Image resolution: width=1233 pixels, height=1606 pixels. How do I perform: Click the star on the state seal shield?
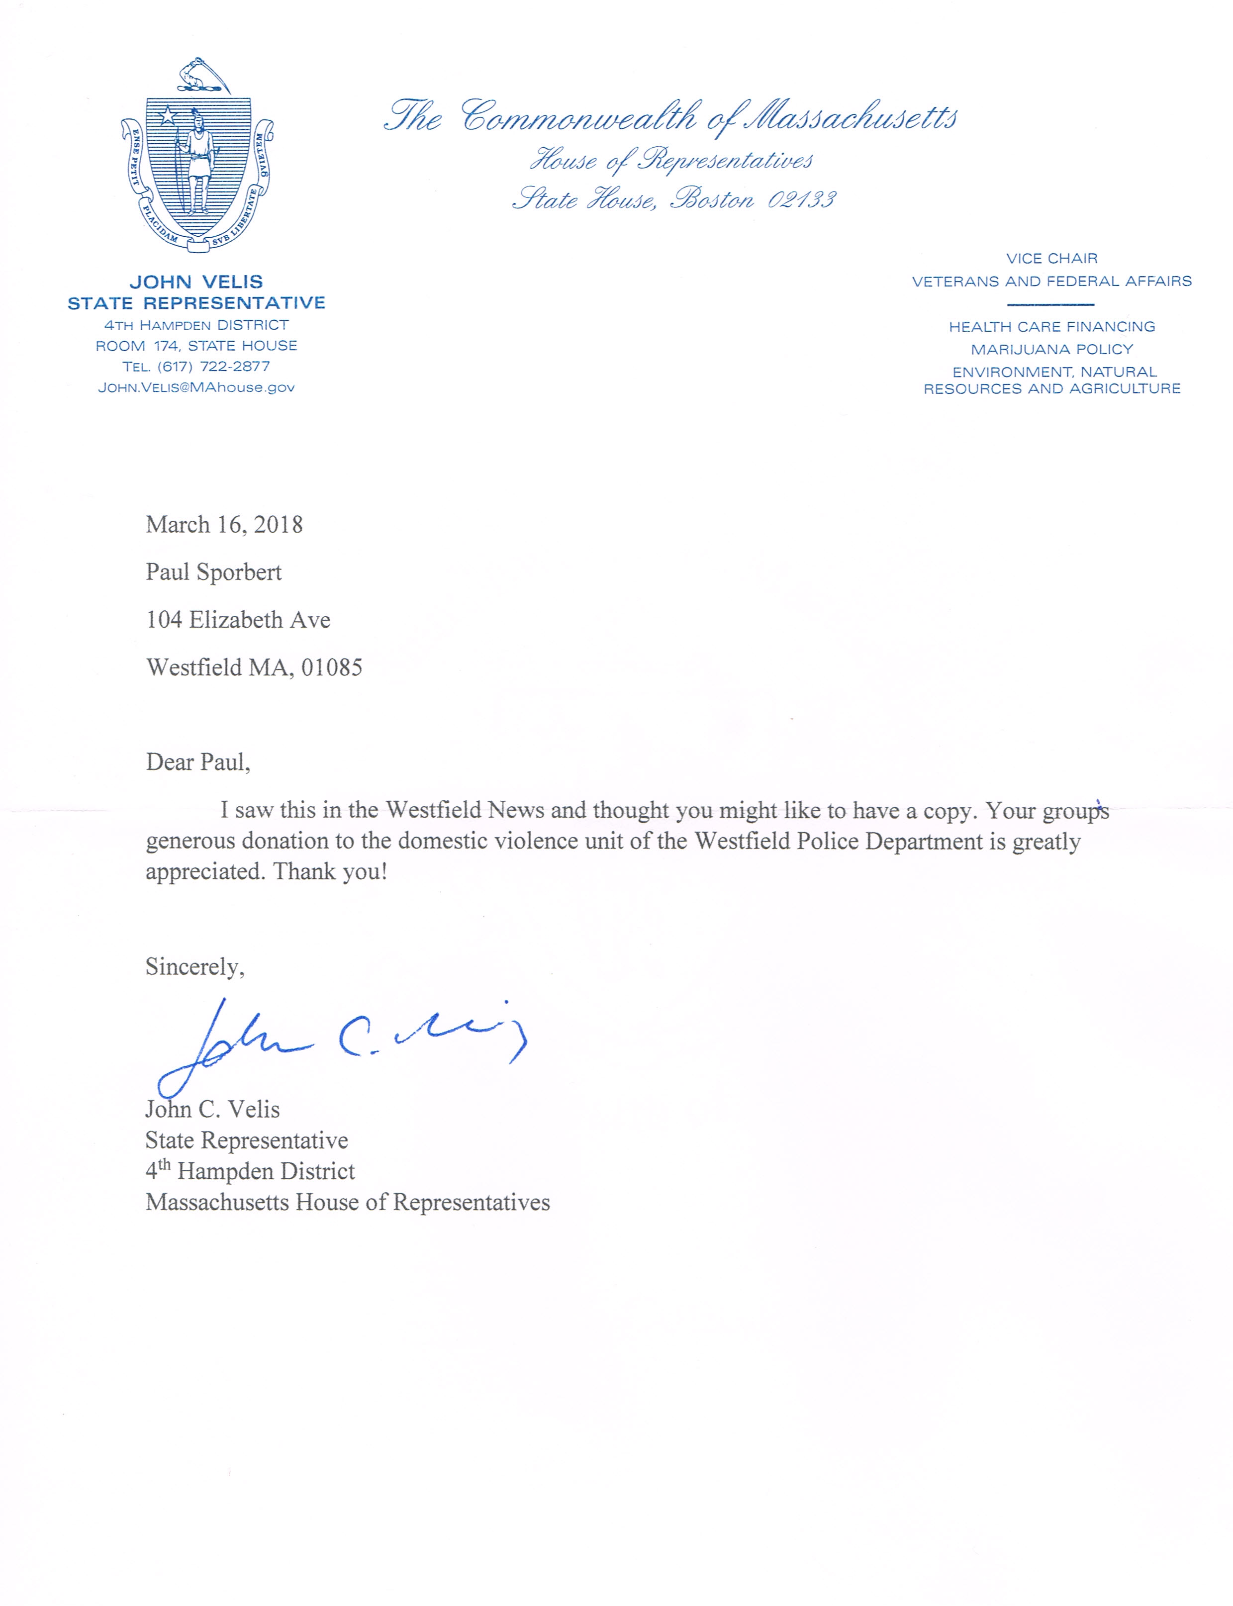[x=168, y=115]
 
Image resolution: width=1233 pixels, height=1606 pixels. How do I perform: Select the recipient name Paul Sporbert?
[x=213, y=572]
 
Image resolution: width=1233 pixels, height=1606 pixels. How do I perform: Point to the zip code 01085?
[x=332, y=667]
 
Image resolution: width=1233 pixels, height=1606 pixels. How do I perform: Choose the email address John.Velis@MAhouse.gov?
[x=196, y=387]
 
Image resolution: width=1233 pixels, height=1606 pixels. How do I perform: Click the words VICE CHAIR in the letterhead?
[x=1052, y=258]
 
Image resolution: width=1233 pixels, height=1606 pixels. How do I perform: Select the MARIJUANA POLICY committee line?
[x=1052, y=349]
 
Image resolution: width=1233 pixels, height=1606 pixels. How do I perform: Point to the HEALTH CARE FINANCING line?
[x=1052, y=327]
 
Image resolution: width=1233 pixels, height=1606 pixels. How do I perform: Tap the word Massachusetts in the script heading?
[x=852, y=117]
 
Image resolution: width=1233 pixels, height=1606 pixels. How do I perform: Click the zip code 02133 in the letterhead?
[x=801, y=199]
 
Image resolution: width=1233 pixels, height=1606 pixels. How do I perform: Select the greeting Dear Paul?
[x=198, y=762]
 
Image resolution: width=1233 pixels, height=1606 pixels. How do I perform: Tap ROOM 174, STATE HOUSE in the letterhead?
[x=196, y=346]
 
